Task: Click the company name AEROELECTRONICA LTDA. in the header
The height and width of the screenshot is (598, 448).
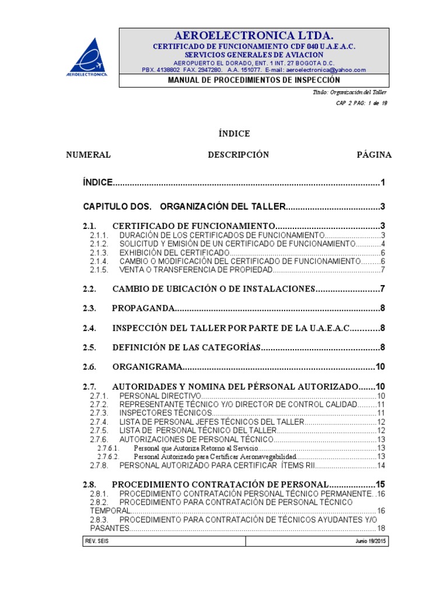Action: pyautogui.click(x=253, y=35)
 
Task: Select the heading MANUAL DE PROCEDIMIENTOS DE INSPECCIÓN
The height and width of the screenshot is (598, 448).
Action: pyautogui.click(x=253, y=80)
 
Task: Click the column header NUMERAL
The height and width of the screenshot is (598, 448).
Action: pyautogui.click(x=89, y=155)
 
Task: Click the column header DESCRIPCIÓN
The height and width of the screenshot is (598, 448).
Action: pyautogui.click(x=239, y=155)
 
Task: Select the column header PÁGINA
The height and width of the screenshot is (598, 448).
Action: pyautogui.click(x=374, y=155)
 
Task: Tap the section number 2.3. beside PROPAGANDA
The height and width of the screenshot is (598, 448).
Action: pyautogui.click(x=89, y=308)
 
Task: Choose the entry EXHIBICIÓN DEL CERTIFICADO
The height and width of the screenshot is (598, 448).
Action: pyautogui.click(x=173, y=253)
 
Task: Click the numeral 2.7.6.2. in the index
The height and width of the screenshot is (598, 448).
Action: pyautogui.click(x=108, y=456)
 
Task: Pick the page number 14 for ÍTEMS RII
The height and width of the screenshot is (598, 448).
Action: pyautogui.click(x=381, y=465)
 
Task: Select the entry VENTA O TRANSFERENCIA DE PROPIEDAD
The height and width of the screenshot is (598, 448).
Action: pyautogui.click(x=195, y=270)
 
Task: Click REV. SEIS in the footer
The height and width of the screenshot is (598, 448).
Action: pyautogui.click(x=97, y=541)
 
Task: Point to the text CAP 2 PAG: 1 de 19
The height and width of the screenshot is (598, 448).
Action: pyautogui.click(x=362, y=103)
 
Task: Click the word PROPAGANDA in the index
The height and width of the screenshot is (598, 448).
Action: pyautogui.click(x=143, y=308)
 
